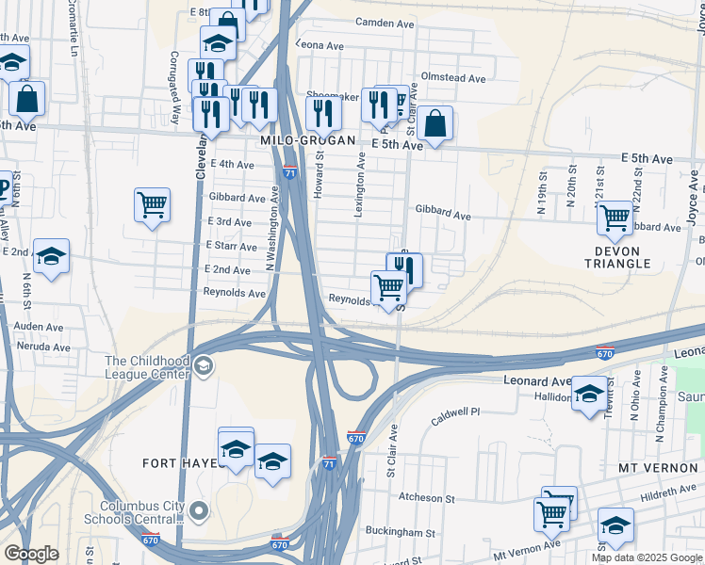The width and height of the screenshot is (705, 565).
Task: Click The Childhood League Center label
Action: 148,367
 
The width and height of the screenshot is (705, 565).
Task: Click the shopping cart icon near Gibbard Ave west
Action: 152,203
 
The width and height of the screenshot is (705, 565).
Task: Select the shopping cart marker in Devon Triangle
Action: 615,218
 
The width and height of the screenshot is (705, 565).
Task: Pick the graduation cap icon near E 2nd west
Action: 51,255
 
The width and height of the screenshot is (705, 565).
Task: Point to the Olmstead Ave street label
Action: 453,78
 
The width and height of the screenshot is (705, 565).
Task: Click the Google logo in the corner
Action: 31,554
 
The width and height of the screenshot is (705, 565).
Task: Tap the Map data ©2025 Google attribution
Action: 647,557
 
